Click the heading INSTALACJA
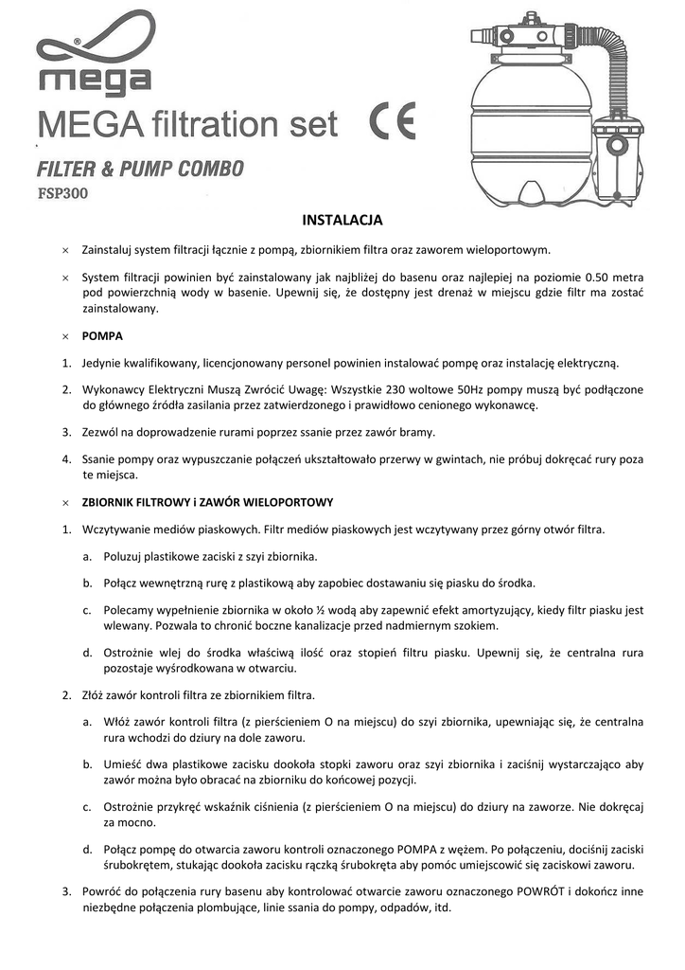(x=342, y=221)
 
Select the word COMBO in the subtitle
(x=211, y=170)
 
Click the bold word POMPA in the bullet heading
(x=102, y=336)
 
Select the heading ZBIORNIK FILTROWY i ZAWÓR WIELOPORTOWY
(x=207, y=501)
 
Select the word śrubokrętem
(x=139, y=865)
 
